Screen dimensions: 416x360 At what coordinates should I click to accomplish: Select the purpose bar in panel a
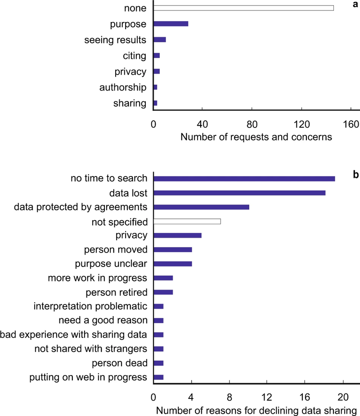[x=171, y=23]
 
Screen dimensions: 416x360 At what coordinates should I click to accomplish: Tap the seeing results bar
[x=160, y=40]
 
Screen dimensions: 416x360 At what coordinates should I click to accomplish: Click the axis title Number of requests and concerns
[x=256, y=137]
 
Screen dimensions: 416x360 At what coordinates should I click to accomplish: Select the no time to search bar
[x=244, y=178]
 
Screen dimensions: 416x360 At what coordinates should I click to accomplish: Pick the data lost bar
[x=239, y=193]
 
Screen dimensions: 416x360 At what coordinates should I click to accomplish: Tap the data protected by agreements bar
[x=201, y=207]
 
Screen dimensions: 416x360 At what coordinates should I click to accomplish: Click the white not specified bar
[x=187, y=221]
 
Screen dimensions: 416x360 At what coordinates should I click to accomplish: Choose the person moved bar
[x=173, y=249]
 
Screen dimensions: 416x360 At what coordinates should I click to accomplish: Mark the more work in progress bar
[x=163, y=278]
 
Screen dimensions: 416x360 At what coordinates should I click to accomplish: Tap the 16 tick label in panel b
[x=305, y=398]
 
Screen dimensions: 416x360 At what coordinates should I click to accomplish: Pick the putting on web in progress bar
[x=158, y=377]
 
